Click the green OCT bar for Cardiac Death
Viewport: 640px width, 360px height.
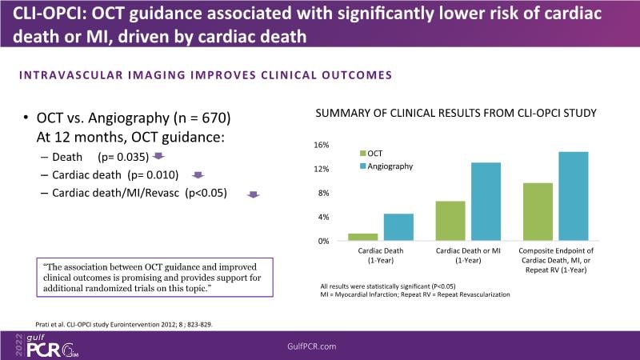(362, 237)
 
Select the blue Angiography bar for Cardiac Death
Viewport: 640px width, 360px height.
(398, 227)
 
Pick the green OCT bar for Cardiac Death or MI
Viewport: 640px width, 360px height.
(450, 221)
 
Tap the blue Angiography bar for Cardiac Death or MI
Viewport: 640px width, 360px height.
(486, 202)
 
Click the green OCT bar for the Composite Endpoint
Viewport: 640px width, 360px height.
(538, 212)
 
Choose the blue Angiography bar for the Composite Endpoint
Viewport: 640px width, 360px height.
(573, 196)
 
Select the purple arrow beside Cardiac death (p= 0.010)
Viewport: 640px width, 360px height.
(198, 174)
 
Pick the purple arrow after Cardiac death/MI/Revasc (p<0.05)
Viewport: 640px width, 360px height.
(253, 194)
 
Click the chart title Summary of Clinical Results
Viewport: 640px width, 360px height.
(455, 113)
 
